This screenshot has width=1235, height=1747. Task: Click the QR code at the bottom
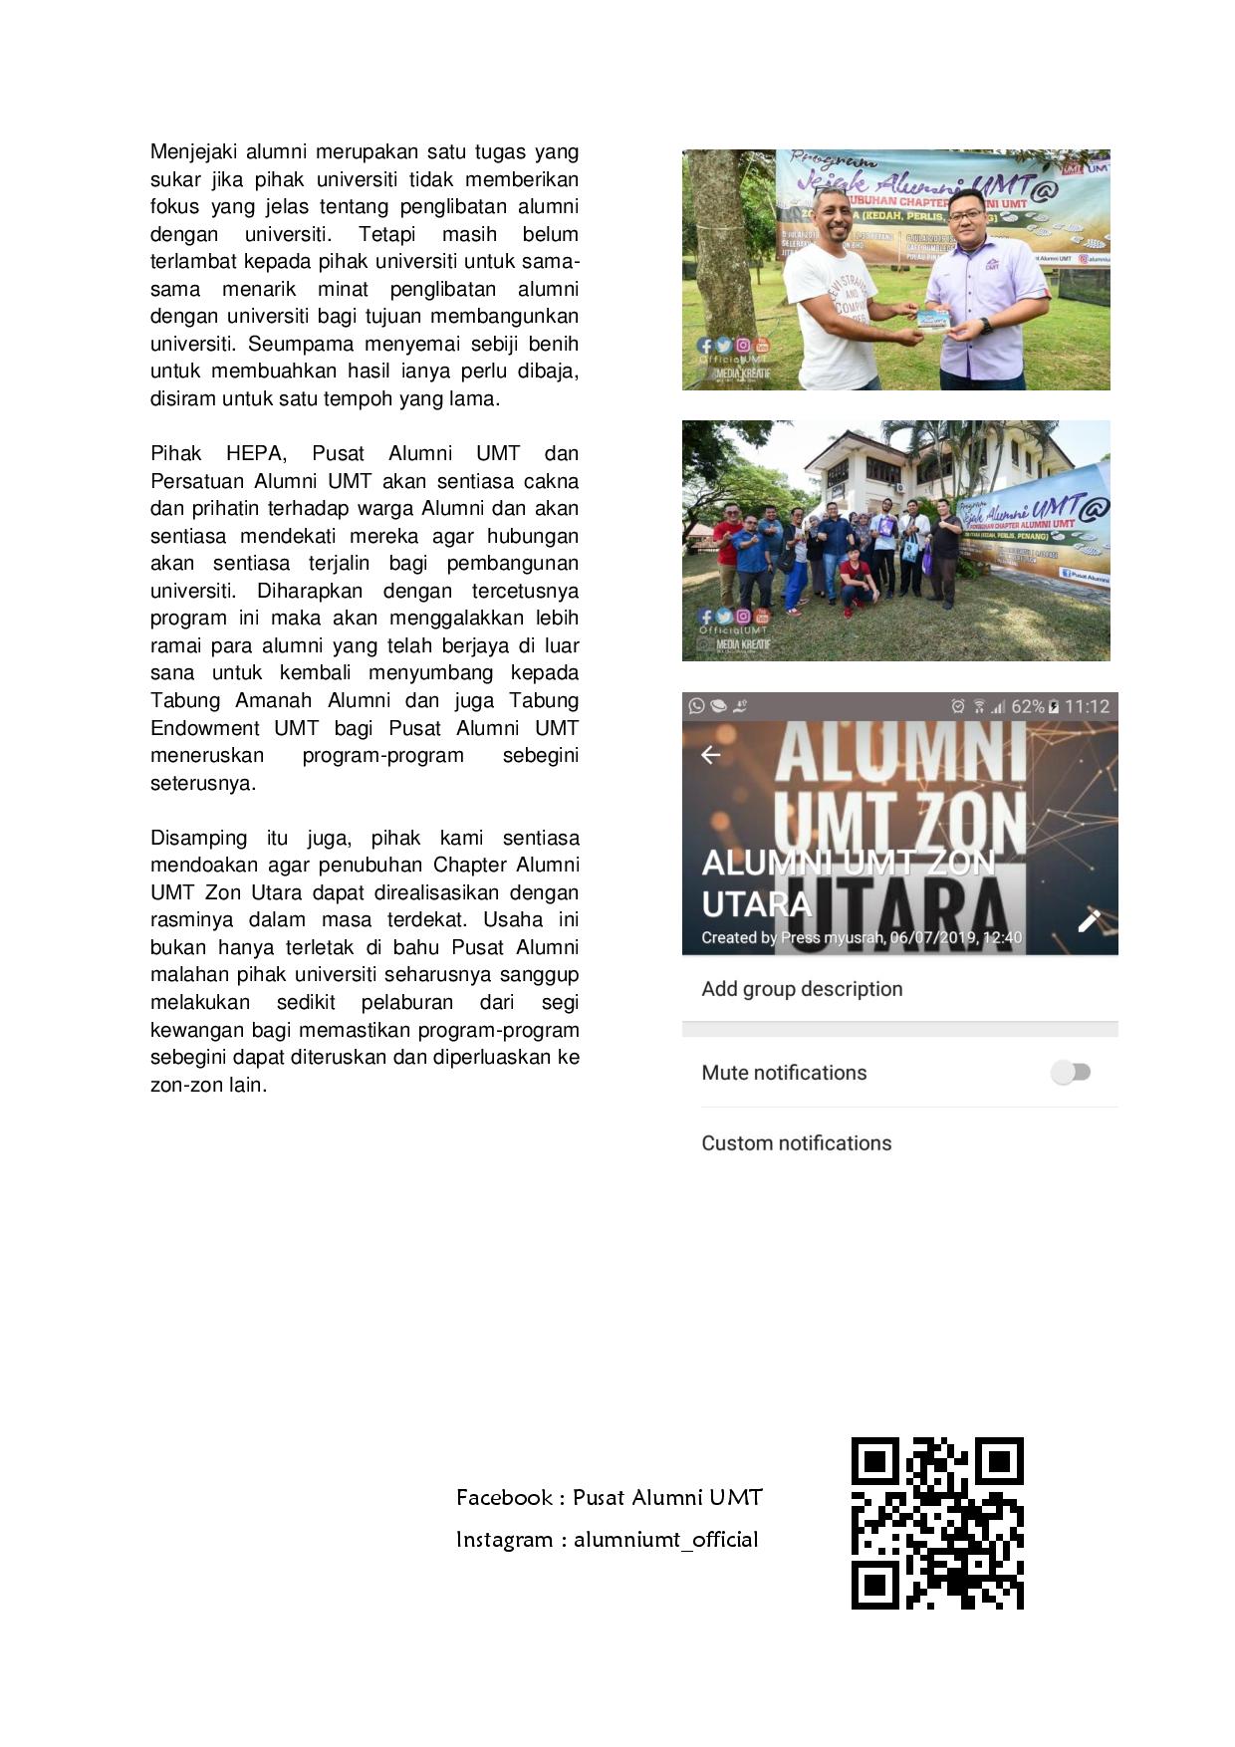pos(937,1523)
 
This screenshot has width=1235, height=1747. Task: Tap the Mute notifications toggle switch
pos(1071,1073)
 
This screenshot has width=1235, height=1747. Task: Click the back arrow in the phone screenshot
pos(711,755)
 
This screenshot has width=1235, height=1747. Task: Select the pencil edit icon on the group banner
pos(1089,920)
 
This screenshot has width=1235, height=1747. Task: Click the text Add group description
pos(802,989)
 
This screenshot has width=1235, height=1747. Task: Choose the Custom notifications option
pos(796,1143)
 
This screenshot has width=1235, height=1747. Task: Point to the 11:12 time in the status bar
pos(1087,706)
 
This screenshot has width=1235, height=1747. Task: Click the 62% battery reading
pos(1028,706)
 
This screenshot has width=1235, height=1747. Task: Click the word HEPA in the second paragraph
pos(256,453)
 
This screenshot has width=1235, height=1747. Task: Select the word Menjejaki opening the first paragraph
pos(193,152)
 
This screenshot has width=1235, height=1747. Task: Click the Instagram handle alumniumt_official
pos(665,1540)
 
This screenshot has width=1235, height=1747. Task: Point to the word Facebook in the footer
pos(504,1498)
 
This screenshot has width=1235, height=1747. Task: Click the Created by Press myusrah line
pos(861,937)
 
